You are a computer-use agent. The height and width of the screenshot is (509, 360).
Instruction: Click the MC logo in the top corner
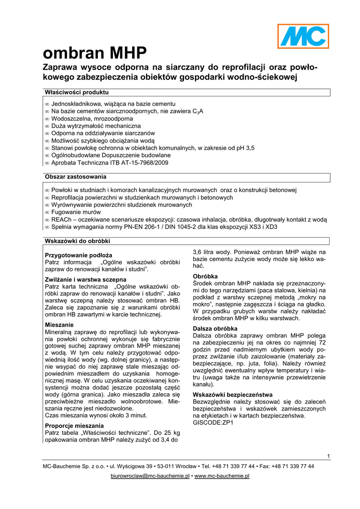click(303, 36)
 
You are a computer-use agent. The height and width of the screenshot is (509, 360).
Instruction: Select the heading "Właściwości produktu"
click(77, 92)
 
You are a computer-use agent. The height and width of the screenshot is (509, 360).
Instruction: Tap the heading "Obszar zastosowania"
click(75, 176)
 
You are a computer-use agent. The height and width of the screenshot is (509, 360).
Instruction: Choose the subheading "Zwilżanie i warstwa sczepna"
click(86, 280)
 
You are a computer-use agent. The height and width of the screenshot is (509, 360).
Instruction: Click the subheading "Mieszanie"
click(59, 324)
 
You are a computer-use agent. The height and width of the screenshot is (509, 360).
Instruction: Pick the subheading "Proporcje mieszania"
click(74, 425)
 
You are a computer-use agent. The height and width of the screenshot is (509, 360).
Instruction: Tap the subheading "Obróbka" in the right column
click(206, 276)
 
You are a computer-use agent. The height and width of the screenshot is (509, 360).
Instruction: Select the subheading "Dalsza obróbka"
click(215, 329)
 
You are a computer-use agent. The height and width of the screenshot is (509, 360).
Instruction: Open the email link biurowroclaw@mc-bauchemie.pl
click(150, 476)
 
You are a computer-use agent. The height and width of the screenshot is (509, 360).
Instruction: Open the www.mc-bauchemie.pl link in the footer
click(221, 476)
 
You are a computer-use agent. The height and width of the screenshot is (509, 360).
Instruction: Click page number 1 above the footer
click(329, 456)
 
